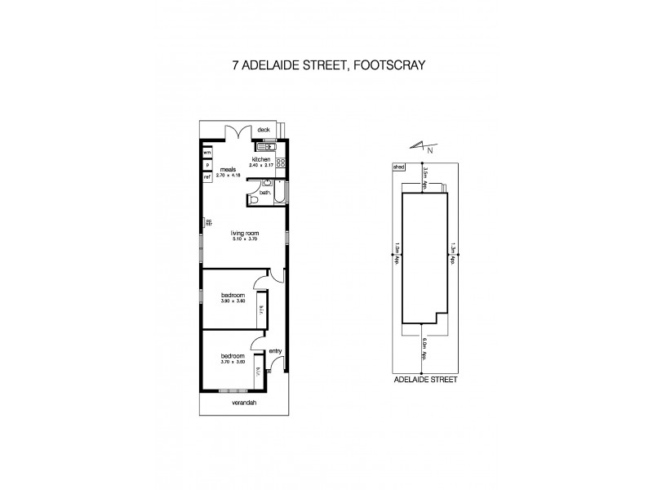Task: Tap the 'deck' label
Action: click(264, 129)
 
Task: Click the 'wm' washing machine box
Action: click(207, 153)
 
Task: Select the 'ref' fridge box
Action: click(207, 176)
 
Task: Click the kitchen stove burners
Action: click(279, 162)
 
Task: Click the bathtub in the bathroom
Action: click(280, 193)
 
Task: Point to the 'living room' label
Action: click(244, 232)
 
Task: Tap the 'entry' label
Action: click(275, 351)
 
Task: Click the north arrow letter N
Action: click(431, 150)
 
